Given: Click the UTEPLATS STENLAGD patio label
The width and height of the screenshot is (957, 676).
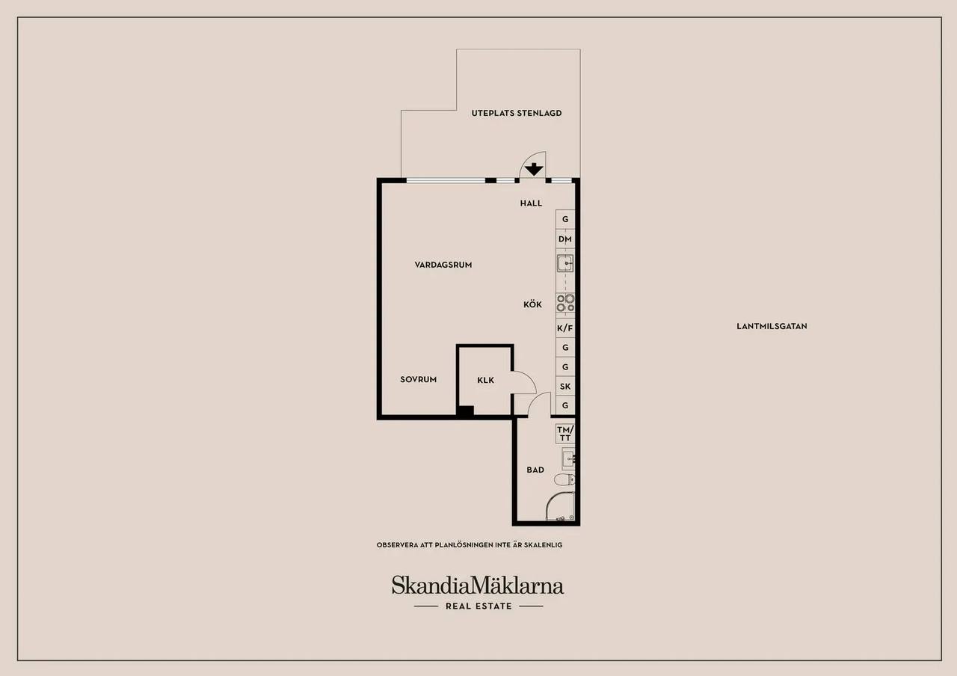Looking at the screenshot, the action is (x=517, y=113).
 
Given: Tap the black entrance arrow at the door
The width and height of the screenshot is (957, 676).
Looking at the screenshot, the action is (x=534, y=169).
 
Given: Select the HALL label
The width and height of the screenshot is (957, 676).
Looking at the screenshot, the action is (x=531, y=203).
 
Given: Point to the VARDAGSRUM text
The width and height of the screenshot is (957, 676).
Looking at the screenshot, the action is (x=443, y=265).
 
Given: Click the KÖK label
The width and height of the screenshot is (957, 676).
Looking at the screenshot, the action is (x=533, y=304).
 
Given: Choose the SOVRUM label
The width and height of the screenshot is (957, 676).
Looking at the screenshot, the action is (x=418, y=379).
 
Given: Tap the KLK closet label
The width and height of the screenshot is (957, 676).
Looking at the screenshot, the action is (x=486, y=381).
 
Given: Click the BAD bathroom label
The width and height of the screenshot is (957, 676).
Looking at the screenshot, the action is (x=535, y=470).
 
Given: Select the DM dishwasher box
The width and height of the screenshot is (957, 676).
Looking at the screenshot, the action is (x=565, y=239).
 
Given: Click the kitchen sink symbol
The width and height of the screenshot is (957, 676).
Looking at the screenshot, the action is (x=565, y=263).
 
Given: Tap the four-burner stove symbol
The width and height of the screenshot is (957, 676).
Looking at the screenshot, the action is (x=565, y=303).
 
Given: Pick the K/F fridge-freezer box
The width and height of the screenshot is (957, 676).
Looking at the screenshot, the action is (x=565, y=328).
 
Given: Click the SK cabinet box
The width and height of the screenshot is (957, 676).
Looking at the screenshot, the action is (x=565, y=387).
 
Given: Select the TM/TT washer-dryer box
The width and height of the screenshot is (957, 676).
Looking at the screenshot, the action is (x=565, y=434).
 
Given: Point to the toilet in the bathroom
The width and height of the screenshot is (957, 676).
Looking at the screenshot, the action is (x=564, y=480).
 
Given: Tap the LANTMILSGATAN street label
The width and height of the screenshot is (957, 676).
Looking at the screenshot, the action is (x=772, y=327).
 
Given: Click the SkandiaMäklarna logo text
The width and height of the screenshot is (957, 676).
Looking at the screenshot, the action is (x=478, y=585).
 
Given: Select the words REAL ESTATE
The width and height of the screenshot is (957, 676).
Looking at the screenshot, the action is (x=478, y=606).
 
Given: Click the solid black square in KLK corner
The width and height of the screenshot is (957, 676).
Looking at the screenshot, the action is (x=466, y=411).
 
